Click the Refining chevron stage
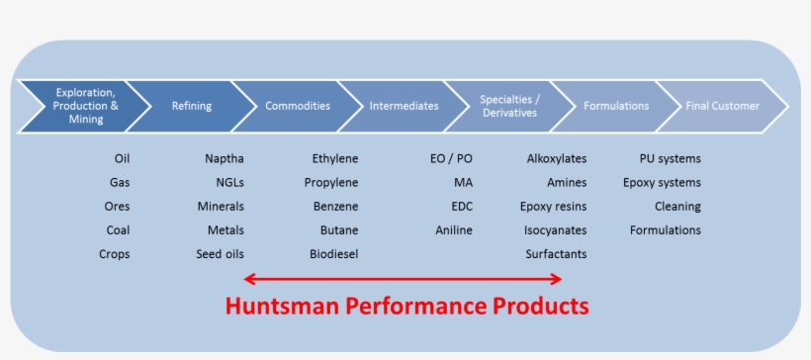coord(191,106)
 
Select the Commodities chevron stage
coord(298,106)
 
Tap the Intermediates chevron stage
coord(404,106)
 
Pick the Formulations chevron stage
coord(616,106)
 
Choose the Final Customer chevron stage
coord(722,106)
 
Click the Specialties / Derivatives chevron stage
coord(509,106)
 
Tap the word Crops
coord(114,254)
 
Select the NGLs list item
coord(229,182)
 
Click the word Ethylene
coord(335,158)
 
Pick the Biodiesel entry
coord(333,254)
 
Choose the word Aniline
coord(454,230)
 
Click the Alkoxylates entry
coord(557,158)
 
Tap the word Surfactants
coord(556,254)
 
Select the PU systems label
coord(671,158)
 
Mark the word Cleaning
coord(677,207)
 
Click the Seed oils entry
coord(220,254)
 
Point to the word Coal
coord(118,230)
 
